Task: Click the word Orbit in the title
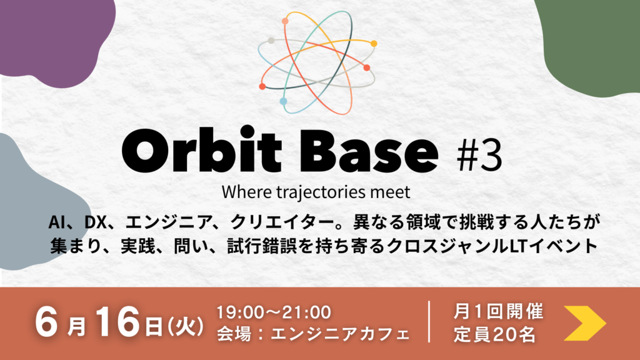[202, 150]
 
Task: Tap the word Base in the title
[369, 151]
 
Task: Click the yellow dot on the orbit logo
[374, 43]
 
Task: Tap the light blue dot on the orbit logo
[283, 101]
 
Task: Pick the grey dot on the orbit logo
[271, 41]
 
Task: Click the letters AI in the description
[56, 222]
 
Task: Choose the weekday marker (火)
[186, 326]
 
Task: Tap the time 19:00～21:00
[274, 312]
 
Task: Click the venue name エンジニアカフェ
[340, 334]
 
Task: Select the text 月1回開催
[498, 311]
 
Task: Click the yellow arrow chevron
[585, 323]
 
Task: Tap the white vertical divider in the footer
[429, 322]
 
